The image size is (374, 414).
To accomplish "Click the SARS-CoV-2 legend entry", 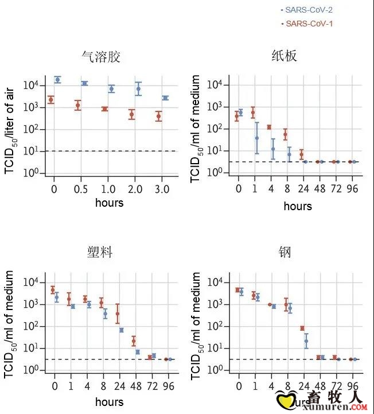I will click(308, 10).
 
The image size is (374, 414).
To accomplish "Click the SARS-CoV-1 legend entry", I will click(308, 24).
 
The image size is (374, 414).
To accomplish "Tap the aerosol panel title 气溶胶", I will click(101, 57).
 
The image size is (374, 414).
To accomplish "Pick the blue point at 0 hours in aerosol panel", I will click(57, 79).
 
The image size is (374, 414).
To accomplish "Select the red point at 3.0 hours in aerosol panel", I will click(159, 117).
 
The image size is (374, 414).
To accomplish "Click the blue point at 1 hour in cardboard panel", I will click(257, 138).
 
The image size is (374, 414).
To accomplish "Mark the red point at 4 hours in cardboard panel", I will click(269, 127).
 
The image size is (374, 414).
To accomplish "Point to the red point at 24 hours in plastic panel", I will click(118, 314).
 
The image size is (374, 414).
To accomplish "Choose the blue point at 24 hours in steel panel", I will click(306, 341).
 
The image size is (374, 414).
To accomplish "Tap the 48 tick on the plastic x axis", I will click(136, 385).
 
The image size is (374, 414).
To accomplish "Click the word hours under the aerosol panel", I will click(108, 202).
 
